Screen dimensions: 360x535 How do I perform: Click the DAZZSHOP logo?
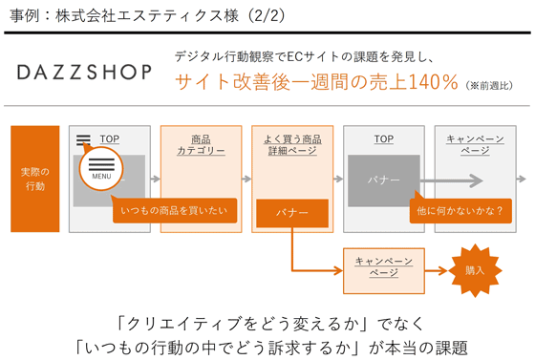(x=85, y=73)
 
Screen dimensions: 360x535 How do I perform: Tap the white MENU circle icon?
(x=101, y=168)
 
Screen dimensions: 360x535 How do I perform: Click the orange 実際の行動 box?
(x=34, y=179)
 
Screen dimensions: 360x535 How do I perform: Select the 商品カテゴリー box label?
(x=202, y=145)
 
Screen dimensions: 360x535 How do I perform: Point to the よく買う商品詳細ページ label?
(x=292, y=145)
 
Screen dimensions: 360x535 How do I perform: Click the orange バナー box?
(x=292, y=213)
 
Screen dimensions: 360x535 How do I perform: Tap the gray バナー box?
(x=383, y=179)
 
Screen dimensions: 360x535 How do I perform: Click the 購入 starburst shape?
(x=475, y=270)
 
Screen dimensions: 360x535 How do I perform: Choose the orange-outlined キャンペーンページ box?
(x=383, y=266)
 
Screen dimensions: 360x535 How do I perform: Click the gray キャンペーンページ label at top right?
(x=475, y=145)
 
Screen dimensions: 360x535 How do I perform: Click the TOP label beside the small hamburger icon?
(x=110, y=139)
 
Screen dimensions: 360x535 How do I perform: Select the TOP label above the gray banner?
(x=383, y=139)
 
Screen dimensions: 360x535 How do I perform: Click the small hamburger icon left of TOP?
(x=84, y=140)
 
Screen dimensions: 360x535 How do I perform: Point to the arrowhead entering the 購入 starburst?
(x=444, y=270)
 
